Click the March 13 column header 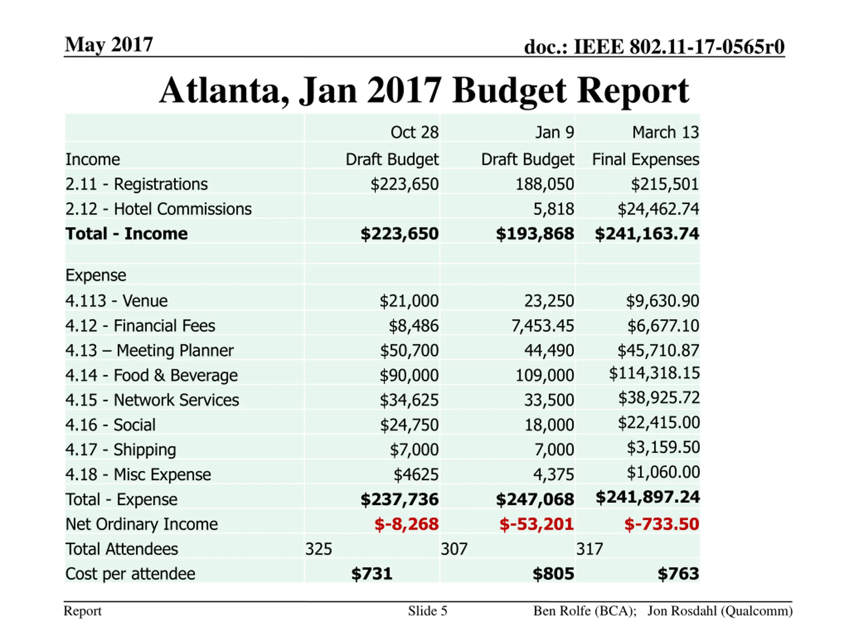pos(665,132)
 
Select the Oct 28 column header pos(414,132)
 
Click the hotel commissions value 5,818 pos(554,209)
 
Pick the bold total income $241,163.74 pos(647,234)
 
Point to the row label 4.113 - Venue pos(116,301)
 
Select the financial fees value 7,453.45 pos(542,325)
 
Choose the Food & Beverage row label pos(151,375)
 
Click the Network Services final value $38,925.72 pos(659,398)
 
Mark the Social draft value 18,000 pos(549,425)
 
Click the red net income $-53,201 pos(536,524)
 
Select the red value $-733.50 pos(661,524)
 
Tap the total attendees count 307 pos(454,549)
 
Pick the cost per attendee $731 pos(371,574)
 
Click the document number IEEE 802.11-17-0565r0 pos(679,47)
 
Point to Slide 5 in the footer pos(427,611)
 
